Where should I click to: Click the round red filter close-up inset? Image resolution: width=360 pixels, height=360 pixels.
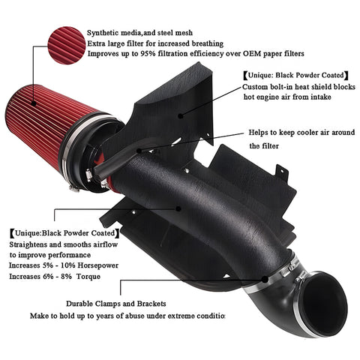click(x=67, y=45)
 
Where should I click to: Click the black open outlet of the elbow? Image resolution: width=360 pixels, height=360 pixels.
click(x=324, y=304)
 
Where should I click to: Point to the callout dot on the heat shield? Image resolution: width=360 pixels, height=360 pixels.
click(x=181, y=115)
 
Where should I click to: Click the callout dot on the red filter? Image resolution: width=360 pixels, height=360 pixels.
click(x=33, y=103)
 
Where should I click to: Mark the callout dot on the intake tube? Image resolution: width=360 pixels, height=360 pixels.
click(x=178, y=208)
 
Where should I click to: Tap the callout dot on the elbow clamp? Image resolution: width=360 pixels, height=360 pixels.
click(x=265, y=279)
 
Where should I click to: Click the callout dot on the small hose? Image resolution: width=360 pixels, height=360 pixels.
click(x=139, y=151)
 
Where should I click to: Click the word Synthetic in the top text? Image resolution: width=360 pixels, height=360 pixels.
click(x=103, y=33)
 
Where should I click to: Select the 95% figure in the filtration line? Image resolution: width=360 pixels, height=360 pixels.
click(x=147, y=53)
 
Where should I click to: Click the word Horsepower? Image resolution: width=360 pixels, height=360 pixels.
click(x=98, y=265)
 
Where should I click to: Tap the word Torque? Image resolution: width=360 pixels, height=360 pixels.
click(x=88, y=277)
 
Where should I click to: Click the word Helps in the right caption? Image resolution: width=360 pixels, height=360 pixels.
click(x=257, y=133)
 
